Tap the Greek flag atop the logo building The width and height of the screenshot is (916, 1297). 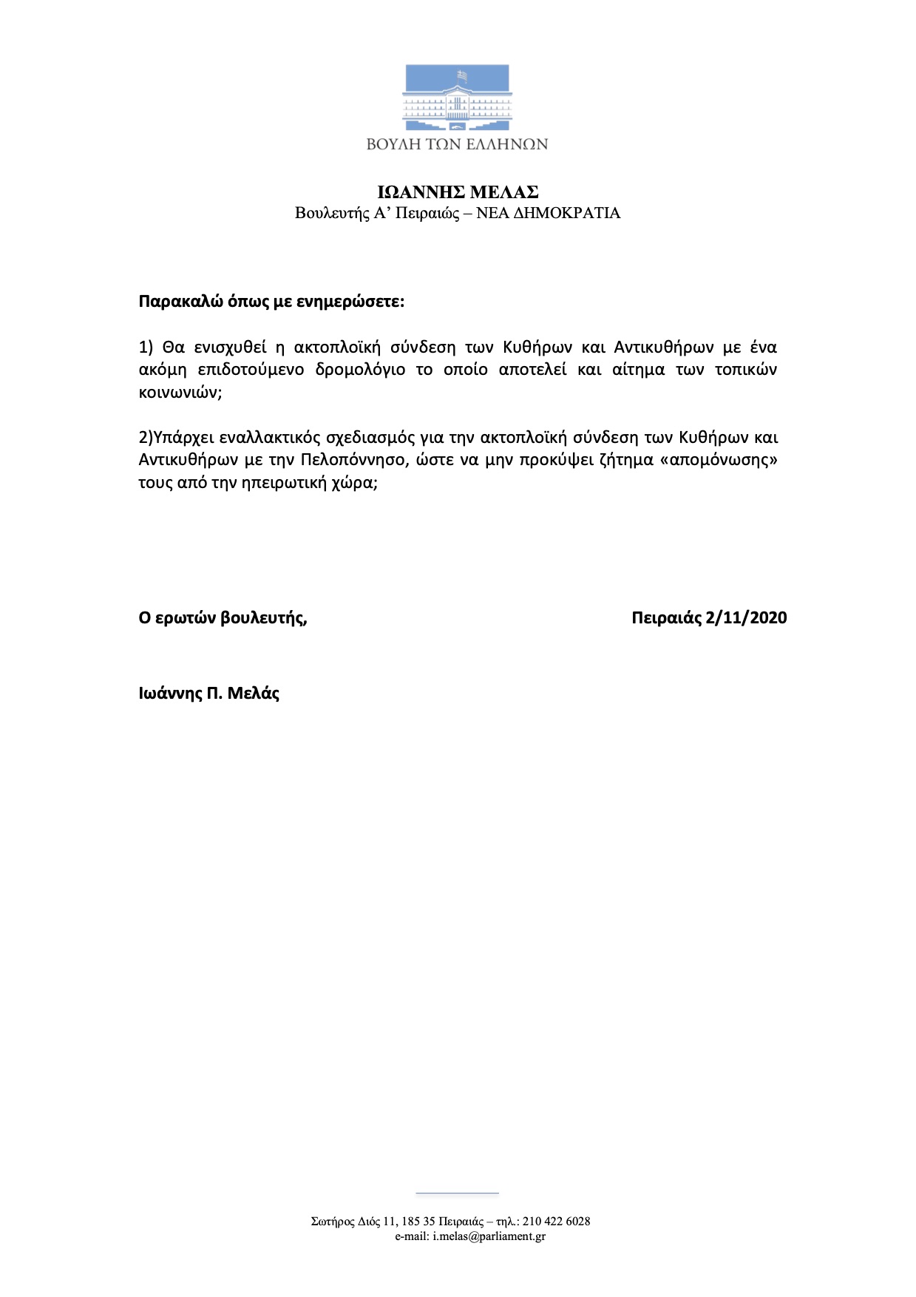point(462,75)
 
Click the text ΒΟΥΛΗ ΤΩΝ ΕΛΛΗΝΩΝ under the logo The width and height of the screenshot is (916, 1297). point(457,144)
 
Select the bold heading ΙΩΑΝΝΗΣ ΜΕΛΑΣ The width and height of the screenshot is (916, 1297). point(458,192)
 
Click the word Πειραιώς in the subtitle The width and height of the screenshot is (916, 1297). point(428,214)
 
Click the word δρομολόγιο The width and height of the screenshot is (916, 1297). point(360,370)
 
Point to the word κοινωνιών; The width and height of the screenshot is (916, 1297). point(180,393)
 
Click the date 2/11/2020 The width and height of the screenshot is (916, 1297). point(746,618)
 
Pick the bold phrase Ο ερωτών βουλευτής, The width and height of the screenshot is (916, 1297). point(223,618)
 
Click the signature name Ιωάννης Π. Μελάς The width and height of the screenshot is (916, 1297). point(209,694)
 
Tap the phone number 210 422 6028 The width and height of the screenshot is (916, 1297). point(556,1222)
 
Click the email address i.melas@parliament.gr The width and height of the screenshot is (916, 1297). point(489,1236)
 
